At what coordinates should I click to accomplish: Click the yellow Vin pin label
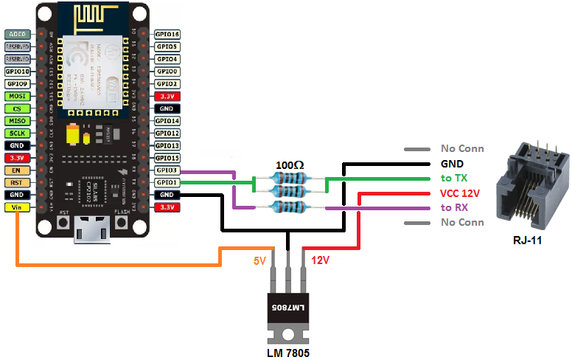pos(16,207)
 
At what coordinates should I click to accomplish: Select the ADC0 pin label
pos(16,35)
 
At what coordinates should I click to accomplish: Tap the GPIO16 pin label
pos(167,35)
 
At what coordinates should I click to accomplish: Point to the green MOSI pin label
pos(16,96)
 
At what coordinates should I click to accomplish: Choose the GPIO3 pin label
pos(167,170)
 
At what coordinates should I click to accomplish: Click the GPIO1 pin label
pos(167,182)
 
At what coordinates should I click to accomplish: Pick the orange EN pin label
pos(16,170)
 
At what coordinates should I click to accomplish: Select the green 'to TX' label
pos(455,178)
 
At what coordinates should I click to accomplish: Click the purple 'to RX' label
pos(455,207)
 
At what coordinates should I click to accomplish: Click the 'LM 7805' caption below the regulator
pos(287,353)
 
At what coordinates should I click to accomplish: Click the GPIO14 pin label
pos(167,121)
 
